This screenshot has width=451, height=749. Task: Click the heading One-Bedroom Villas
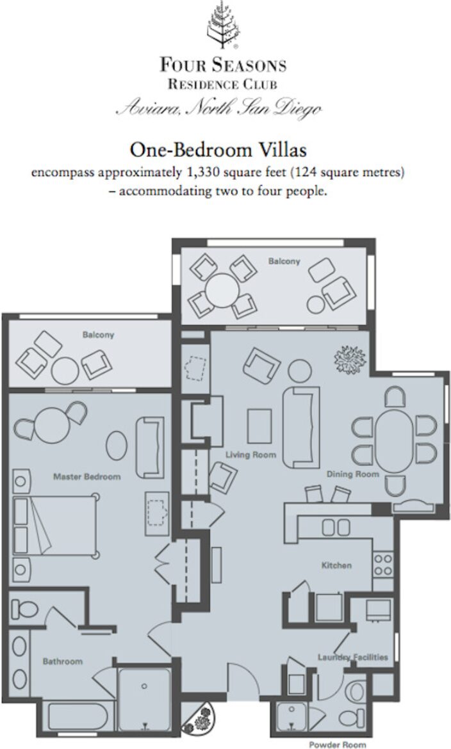218,150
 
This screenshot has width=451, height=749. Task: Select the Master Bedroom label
86,476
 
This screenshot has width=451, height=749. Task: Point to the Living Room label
250,455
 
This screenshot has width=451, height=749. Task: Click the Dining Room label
353,474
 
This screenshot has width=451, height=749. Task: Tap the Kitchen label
336,565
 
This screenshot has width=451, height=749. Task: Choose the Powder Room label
338,745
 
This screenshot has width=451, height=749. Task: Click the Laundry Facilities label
353,657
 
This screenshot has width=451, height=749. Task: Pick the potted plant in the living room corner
349,359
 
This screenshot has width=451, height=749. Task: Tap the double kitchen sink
336,528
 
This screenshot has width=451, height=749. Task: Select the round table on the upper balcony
219,286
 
